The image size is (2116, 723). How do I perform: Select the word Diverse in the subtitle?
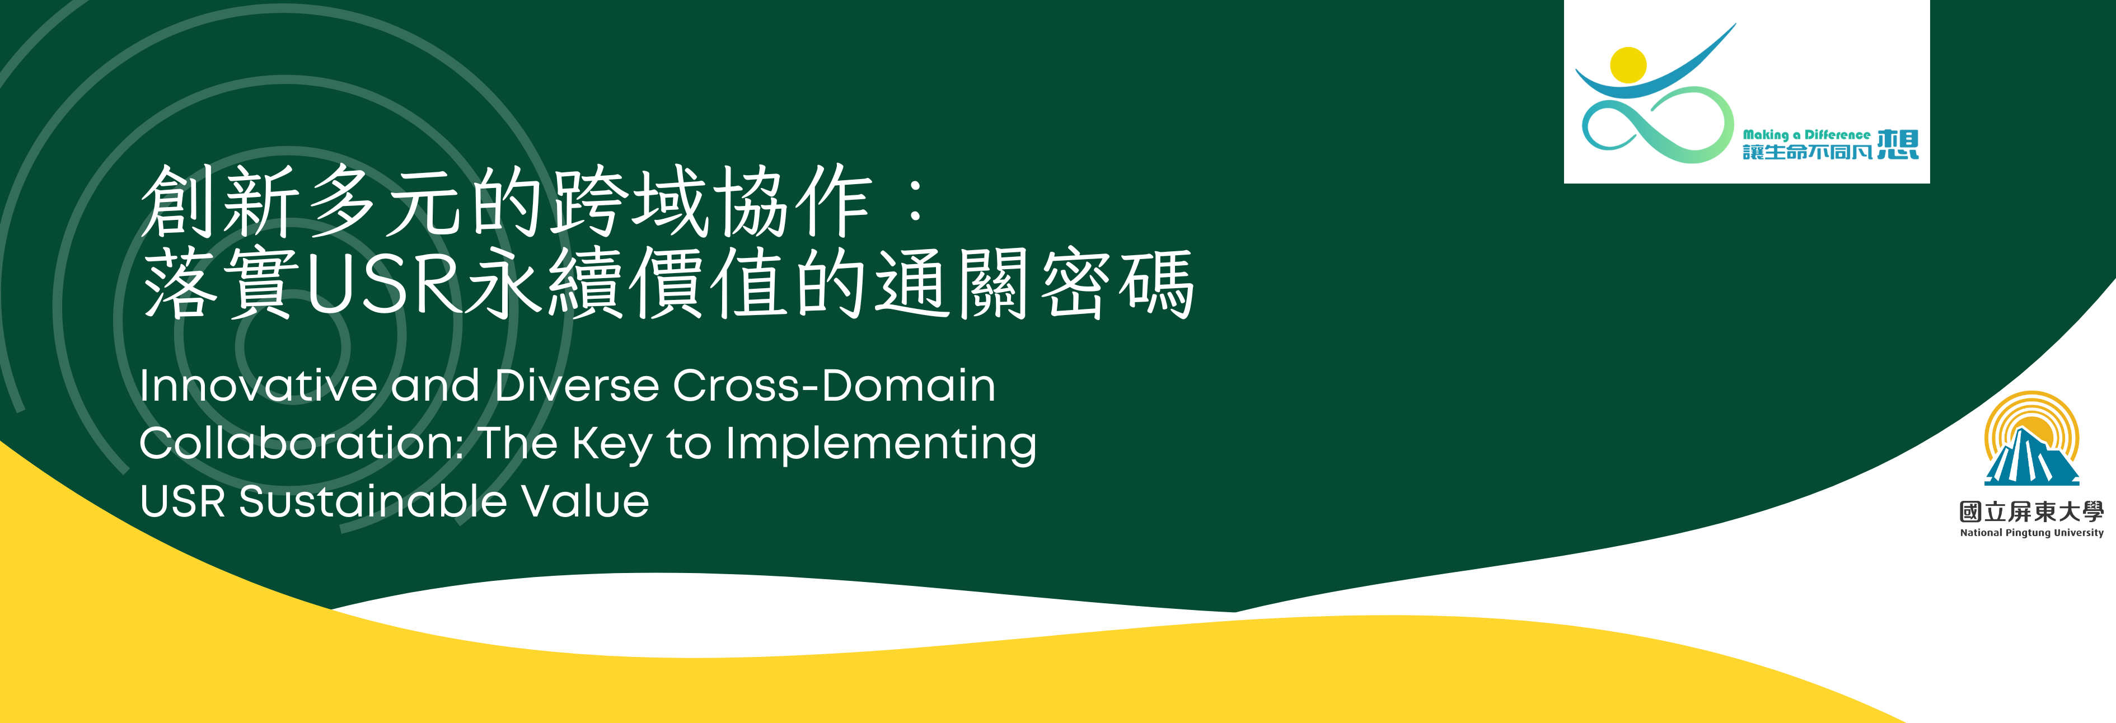[x=577, y=386]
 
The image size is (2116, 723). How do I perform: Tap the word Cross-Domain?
[x=834, y=386]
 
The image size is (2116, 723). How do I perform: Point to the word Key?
[x=612, y=444]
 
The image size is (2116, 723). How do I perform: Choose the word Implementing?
[x=881, y=444]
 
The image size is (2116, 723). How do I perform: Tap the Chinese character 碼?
[x=1157, y=284]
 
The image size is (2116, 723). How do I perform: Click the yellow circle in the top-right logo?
[x=1628, y=65]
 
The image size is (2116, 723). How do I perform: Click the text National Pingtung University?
[x=2031, y=532]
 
